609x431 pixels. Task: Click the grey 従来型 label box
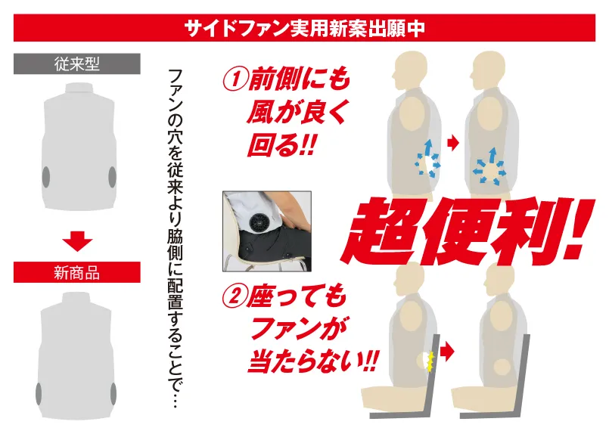(77, 64)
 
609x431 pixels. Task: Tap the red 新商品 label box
(77, 272)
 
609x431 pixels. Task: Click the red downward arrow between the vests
(77, 241)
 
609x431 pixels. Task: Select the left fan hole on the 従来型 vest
(46, 177)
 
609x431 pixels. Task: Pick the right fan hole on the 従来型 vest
(112, 177)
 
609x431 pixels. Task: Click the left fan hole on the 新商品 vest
(39, 394)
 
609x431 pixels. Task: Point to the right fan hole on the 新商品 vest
(113, 394)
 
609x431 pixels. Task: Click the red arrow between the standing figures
(453, 143)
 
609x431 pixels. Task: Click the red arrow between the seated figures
(448, 352)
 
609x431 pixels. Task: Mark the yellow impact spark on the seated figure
(430, 361)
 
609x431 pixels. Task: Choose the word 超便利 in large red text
(451, 231)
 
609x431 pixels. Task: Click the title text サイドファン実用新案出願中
(304, 28)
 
